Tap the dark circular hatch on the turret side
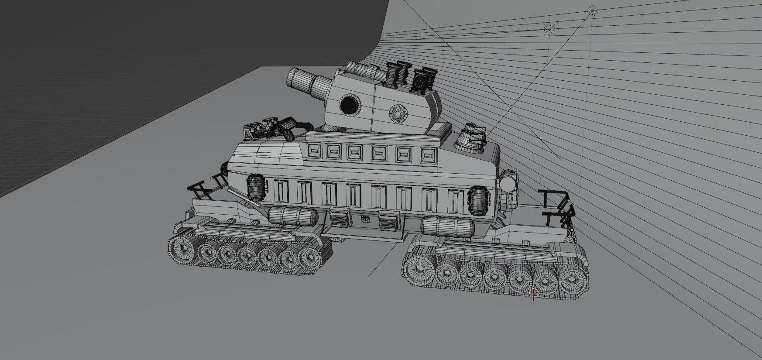click(350, 104)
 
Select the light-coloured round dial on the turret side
click(398, 113)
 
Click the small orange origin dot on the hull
click(377, 180)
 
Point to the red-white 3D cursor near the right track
click(533, 292)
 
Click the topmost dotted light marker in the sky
click(593, 10)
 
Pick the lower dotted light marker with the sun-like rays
click(550, 29)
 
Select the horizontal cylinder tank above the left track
click(292, 216)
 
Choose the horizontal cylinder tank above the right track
click(447, 228)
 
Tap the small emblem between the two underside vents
click(365, 219)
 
